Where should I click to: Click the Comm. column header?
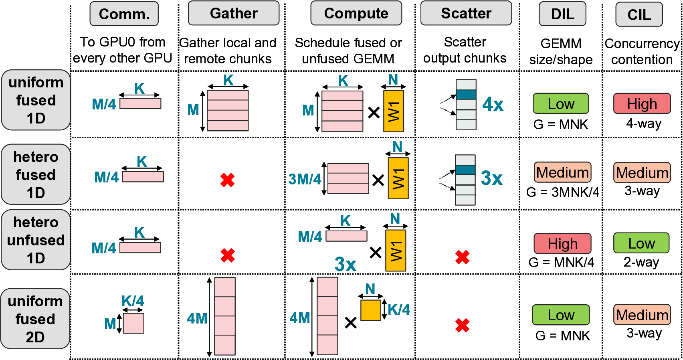pyautogui.click(x=124, y=14)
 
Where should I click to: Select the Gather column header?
pyautogui.click(x=234, y=13)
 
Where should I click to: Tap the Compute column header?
pyautogui.click(x=356, y=13)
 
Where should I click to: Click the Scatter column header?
pyautogui.click(x=466, y=13)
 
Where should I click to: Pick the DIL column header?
pyautogui.click(x=562, y=14)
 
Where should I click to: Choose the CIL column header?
pyautogui.click(x=639, y=15)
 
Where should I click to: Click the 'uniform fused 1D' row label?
pyautogui.click(x=36, y=100)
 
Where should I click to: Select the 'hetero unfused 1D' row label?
pyautogui.click(x=36, y=240)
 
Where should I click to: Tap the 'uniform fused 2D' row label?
pyautogui.click(x=35, y=319)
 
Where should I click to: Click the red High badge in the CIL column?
pyautogui.click(x=642, y=104)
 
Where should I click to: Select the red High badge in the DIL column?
pyautogui.click(x=562, y=244)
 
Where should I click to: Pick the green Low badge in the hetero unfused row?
pyautogui.click(x=641, y=243)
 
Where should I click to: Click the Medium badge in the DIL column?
pyautogui.click(x=562, y=172)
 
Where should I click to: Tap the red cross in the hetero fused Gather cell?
pyautogui.click(x=227, y=180)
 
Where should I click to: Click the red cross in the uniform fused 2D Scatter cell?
pyautogui.click(x=462, y=325)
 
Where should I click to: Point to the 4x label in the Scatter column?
pyautogui.click(x=493, y=105)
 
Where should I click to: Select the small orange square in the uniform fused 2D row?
pyautogui.click(x=370, y=310)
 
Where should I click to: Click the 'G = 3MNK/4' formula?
pyautogui.click(x=562, y=192)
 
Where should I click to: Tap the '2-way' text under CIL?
pyautogui.click(x=641, y=262)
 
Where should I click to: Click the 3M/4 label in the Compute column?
pyautogui.click(x=305, y=179)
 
